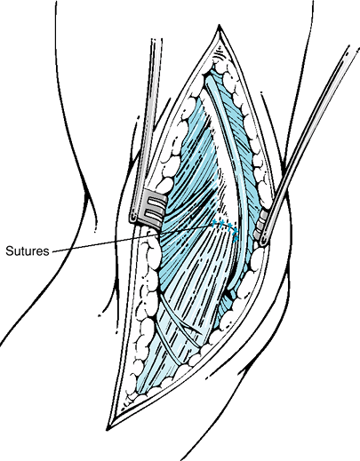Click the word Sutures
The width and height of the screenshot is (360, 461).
(x=28, y=251)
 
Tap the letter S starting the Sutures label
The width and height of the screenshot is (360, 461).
(x=9, y=251)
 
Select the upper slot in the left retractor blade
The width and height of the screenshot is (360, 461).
(x=156, y=203)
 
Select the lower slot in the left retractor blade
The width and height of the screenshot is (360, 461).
(x=153, y=213)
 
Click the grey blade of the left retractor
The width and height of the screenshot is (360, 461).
(x=148, y=207)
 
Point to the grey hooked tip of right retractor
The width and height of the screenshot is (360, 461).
(x=260, y=228)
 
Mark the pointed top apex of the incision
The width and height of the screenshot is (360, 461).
(x=220, y=25)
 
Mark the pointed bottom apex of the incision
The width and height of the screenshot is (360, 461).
(x=108, y=429)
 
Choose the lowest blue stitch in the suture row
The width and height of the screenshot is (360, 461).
(x=236, y=238)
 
